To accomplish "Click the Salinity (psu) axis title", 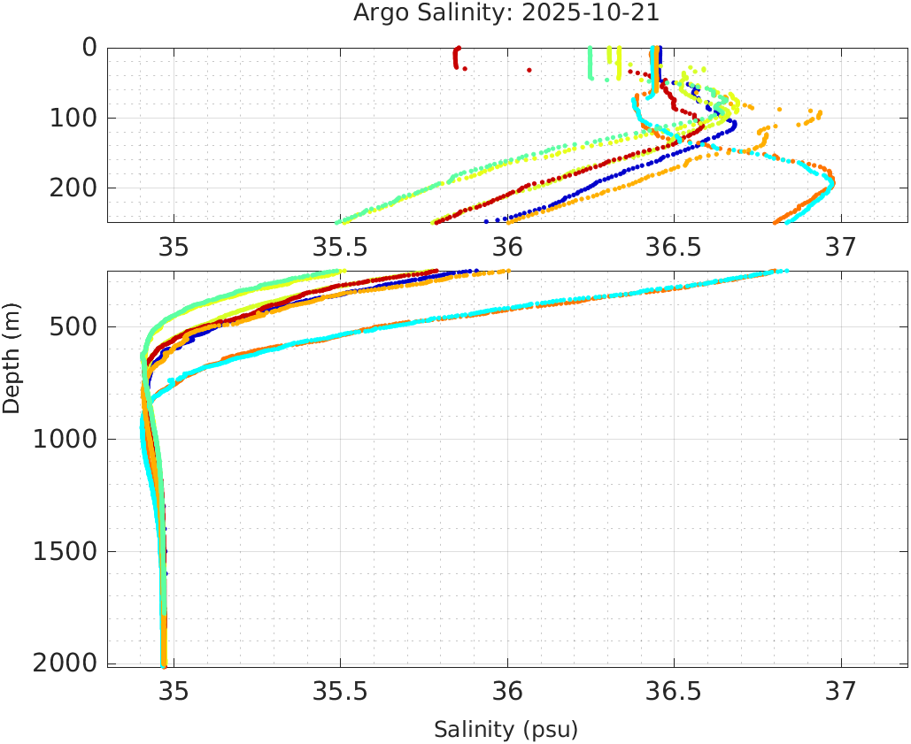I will tap(506, 730).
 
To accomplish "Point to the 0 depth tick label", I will tap(89, 48).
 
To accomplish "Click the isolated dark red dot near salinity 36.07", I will tap(529, 69).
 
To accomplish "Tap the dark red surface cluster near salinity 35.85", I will tap(456, 58).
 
